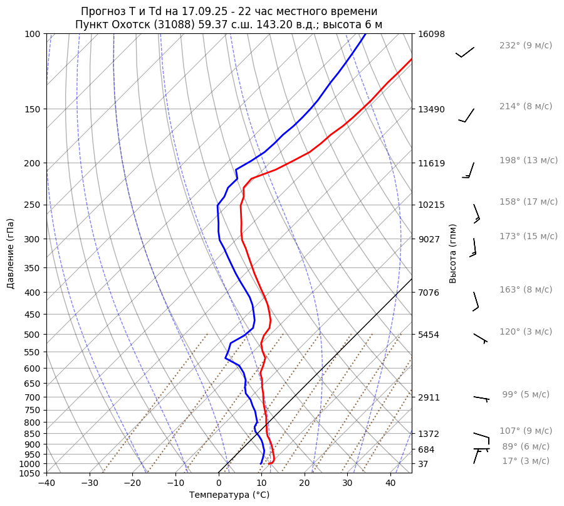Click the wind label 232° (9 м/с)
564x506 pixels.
526,46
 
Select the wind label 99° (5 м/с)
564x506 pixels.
525,394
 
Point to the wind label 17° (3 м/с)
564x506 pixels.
525,461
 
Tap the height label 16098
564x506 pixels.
431,34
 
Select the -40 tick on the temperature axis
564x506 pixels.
46,483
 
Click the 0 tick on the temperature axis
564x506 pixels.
219,483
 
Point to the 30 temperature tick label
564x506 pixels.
347,483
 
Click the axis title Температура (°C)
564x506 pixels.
229,495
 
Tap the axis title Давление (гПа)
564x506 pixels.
11,254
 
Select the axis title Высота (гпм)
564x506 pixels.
453,254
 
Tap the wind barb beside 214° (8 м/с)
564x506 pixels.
467,116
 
